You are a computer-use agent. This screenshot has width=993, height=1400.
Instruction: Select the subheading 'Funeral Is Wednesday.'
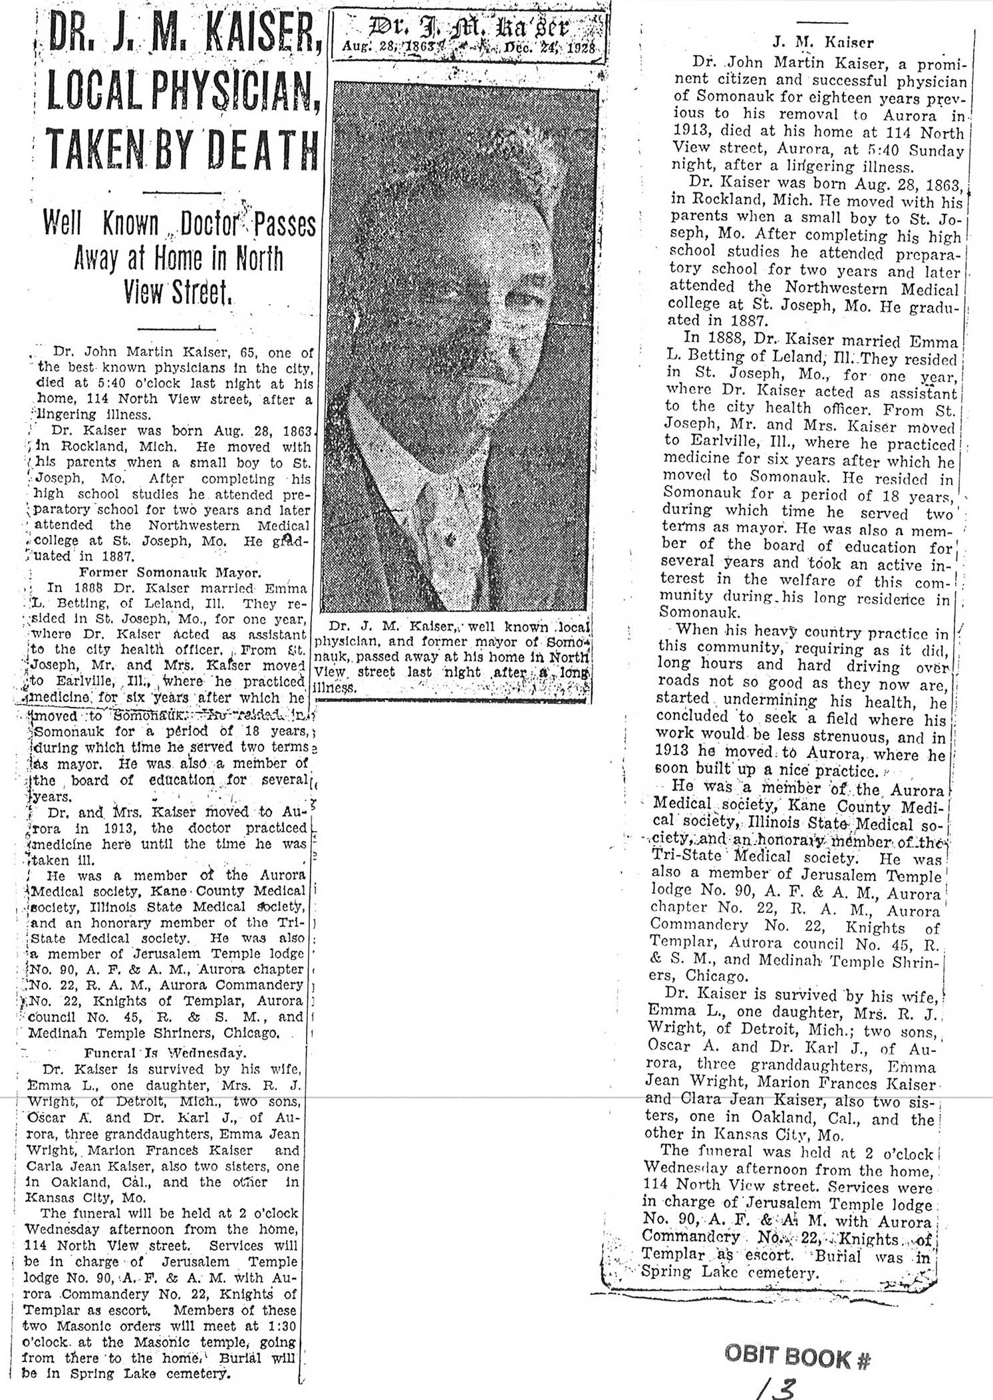[166, 1053]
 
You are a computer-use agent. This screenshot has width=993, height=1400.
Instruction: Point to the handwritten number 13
[774, 1385]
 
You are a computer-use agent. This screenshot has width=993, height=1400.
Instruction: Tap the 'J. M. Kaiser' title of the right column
[823, 43]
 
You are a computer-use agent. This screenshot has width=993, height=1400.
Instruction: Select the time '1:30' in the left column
[281, 1326]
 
